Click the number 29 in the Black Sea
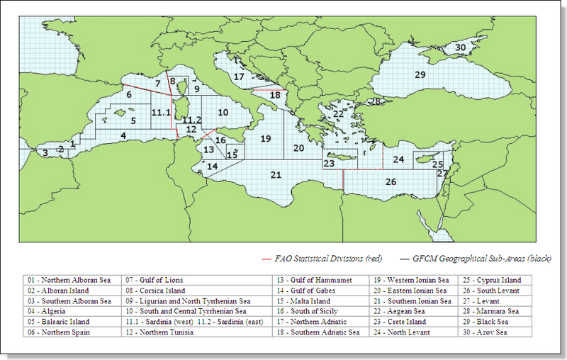(x=420, y=74)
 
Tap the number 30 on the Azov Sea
(x=460, y=47)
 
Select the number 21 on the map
(x=276, y=175)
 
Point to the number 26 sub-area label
(x=391, y=181)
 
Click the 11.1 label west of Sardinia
(x=161, y=113)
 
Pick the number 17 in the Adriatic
(x=239, y=76)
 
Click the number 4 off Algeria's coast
(x=123, y=135)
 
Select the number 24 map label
(x=398, y=159)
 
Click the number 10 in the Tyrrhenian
(x=223, y=112)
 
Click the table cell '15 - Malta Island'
(x=304, y=300)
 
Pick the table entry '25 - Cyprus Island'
(x=492, y=280)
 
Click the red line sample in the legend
(x=267, y=259)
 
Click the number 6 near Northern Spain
(x=129, y=94)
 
